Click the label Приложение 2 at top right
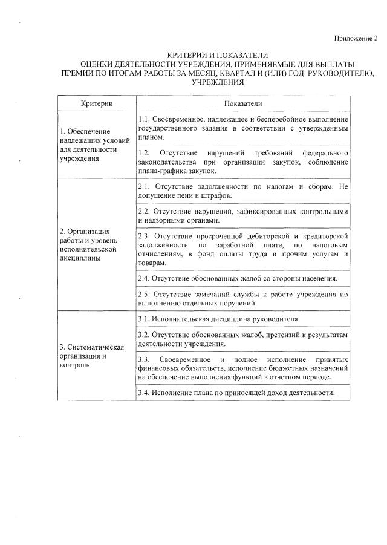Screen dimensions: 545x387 pos(356,39)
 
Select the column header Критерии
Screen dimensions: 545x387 pos(96,103)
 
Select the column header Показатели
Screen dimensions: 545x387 pos(242,103)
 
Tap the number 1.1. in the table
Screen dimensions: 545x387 pos(144,119)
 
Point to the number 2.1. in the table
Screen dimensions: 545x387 pos(144,187)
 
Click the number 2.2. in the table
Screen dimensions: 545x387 pos(144,212)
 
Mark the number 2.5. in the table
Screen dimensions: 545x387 pos(144,294)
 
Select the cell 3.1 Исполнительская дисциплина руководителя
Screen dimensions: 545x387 pos(219,318)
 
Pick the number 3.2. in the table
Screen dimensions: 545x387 pos(144,335)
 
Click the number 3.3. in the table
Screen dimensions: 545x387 pos(144,359)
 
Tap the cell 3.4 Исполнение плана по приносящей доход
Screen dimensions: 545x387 pos(236,393)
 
